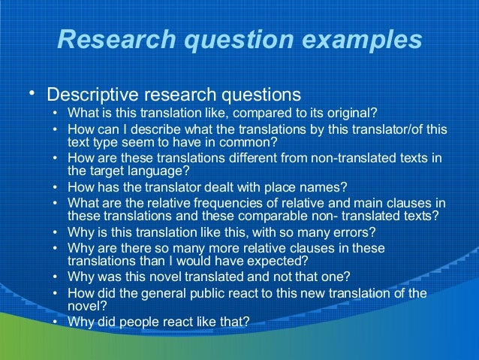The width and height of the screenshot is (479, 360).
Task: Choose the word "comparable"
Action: click(x=288, y=215)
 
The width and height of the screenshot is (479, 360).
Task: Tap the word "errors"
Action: click(x=354, y=231)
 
